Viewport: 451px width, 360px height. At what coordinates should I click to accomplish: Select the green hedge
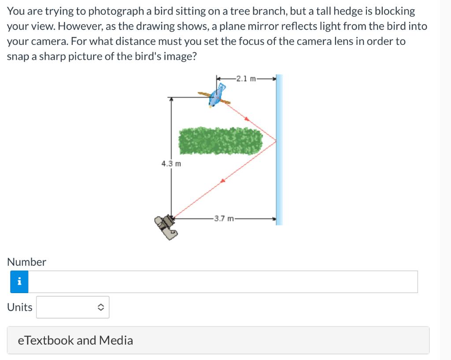pos(221,141)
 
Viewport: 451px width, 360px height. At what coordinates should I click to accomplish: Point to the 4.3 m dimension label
pos(171,164)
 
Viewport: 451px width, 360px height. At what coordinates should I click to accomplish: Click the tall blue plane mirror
pos(279,150)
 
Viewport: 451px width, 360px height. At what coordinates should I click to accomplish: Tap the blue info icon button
pos(19,282)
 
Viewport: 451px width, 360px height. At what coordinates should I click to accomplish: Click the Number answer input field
pos(223,282)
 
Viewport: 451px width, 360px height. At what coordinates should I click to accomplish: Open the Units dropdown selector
pos(73,307)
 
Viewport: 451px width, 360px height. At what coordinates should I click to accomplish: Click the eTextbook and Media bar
pos(218,340)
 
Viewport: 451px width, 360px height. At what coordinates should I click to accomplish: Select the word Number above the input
pos(26,262)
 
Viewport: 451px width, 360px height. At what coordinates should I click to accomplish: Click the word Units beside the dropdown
pos(20,307)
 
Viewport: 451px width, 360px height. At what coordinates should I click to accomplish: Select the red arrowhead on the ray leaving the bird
pos(247,118)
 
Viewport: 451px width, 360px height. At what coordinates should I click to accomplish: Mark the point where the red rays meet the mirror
pos(276,141)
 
